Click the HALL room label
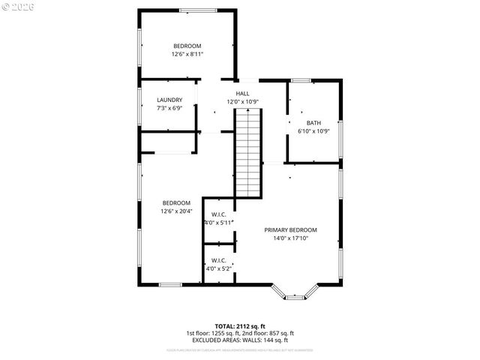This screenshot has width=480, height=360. [243, 94]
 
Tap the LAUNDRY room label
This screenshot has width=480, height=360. [169, 100]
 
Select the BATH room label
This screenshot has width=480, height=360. [313, 123]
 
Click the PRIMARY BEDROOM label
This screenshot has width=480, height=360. [290, 230]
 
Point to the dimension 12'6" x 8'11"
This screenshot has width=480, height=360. [187, 54]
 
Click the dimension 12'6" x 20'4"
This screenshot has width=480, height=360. [176, 211]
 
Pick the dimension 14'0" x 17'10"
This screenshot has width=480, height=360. [290, 238]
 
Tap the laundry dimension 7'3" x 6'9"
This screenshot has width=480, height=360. [169, 108]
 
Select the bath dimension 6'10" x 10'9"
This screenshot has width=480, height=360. [313, 131]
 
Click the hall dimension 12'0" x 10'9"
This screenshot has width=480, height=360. [243, 102]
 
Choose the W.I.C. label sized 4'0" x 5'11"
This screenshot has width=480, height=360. [219, 214]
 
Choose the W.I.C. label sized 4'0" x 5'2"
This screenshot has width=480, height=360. [219, 260]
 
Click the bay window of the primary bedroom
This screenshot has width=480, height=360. [295, 295]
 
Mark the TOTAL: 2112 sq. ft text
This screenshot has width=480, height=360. [239, 326]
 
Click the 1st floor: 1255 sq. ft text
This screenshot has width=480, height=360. [213, 334]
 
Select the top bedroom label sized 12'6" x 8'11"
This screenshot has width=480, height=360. [187, 46]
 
